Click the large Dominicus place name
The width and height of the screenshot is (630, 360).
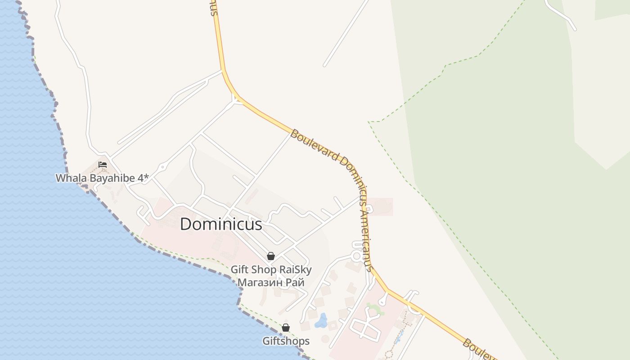[x=221, y=224]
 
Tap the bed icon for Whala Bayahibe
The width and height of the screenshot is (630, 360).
[x=103, y=165]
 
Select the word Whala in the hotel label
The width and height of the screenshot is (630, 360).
[x=71, y=178]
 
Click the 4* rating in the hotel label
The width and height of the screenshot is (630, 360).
[x=143, y=178]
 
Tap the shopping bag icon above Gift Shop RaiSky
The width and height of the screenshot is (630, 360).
[x=271, y=256]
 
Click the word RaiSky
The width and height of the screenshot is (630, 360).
[x=295, y=270]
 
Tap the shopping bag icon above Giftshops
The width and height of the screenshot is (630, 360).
[x=286, y=328]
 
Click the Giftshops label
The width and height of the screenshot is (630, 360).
[x=286, y=341]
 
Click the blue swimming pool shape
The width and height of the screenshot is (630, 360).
[x=321, y=320]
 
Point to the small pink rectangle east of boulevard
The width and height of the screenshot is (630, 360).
[x=380, y=207]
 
